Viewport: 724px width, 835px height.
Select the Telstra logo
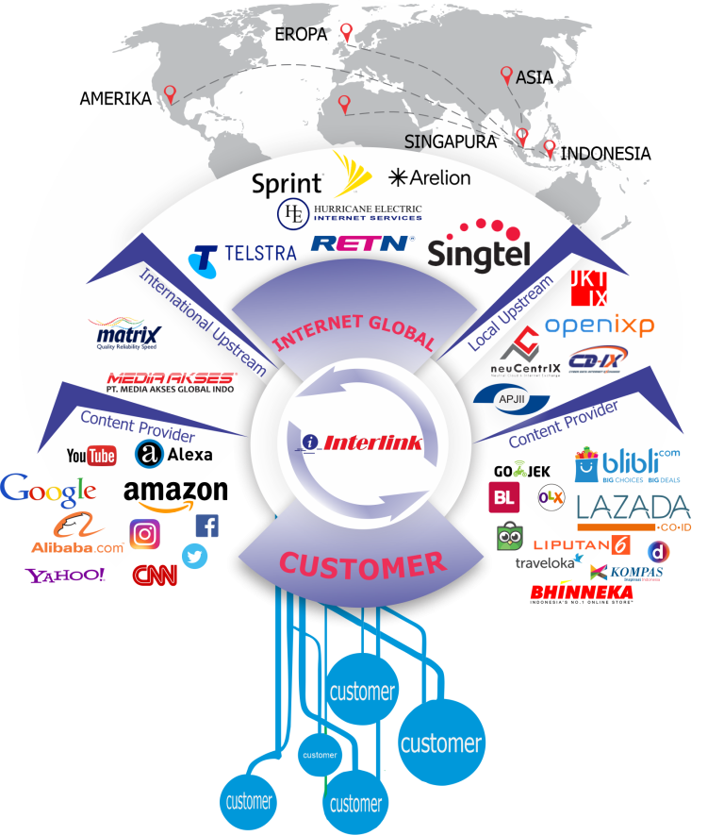click(x=242, y=254)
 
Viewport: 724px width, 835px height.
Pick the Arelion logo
click(x=429, y=177)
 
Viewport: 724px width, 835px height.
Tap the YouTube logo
click(x=91, y=457)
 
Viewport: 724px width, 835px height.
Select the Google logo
click(x=48, y=490)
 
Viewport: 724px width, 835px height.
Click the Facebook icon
click(x=206, y=526)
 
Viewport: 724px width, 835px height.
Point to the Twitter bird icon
click(x=195, y=557)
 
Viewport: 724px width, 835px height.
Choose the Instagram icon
click(x=144, y=534)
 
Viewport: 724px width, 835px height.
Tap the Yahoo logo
click(x=65, y=575)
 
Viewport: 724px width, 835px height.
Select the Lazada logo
click(x=633, y=510)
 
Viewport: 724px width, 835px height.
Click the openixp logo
click(x=599, y=326)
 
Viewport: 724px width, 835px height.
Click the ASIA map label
click(x=535, y=78)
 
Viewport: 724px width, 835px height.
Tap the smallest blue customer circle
click(x=320, y=755)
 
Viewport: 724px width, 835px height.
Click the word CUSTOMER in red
click(x=362, y=565)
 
